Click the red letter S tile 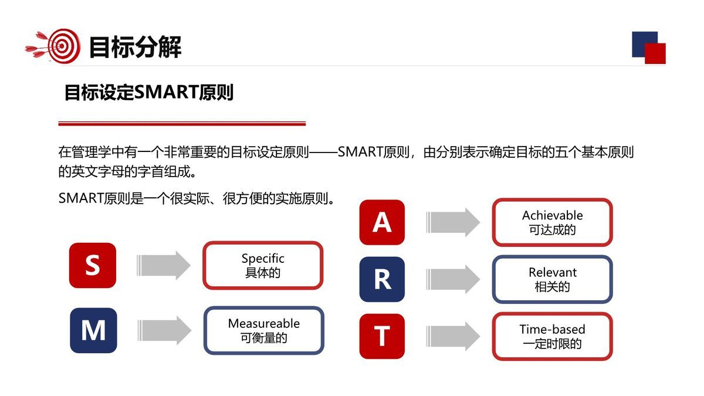tap(92, 265)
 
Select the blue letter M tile tap(93, 330)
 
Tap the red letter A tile tap(382, 222)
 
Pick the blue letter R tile tap(382, 279)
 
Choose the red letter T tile tap(382, 336)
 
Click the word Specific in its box tap(263, 258)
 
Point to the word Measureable tap(263, 323)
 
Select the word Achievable tap(552, 215)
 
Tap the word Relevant tap(552, 272)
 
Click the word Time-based tap(552, 329)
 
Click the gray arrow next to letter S tap(164, 265)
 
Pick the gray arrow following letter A tap(453, 222)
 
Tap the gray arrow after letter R tap(453, 279)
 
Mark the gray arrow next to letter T tap(453, 336)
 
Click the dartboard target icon tap(62, 46)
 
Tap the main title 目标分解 tap(135, 47)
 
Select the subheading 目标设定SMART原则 tap(148, 93)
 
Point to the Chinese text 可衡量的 tap(263, 338)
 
